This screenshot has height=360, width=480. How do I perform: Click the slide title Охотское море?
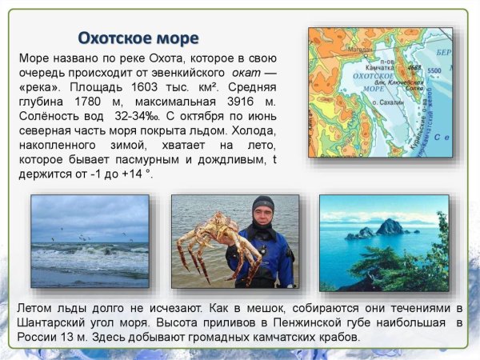point(138,38)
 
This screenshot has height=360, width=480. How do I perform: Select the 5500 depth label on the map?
point(434,71)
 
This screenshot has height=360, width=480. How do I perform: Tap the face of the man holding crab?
point(262,214)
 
